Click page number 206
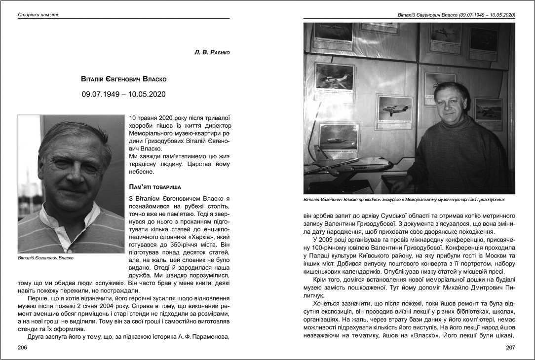[22, 348]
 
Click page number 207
[510, 348]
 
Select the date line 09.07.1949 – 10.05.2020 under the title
[124, 94]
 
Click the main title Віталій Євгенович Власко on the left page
[124, 79]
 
